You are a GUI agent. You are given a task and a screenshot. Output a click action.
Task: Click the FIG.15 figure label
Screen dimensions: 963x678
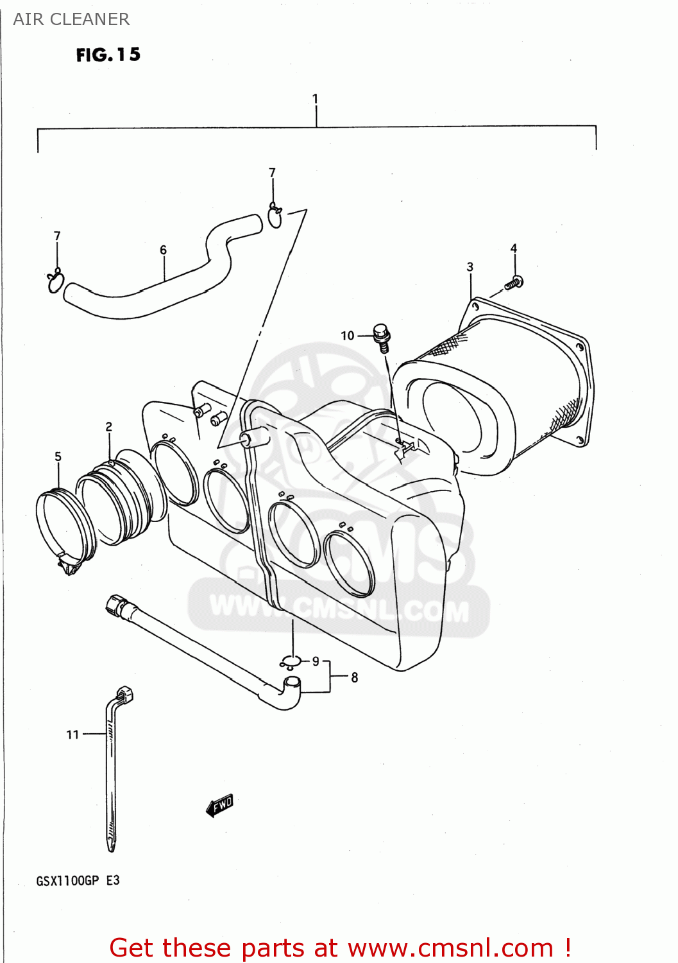(108, 55)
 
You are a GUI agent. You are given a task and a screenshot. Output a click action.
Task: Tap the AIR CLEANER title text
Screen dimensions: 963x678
(71, 19)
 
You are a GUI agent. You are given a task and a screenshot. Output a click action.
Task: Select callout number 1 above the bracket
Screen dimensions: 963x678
(315, 99)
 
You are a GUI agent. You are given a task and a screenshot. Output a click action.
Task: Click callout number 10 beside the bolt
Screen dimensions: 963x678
(347, 336)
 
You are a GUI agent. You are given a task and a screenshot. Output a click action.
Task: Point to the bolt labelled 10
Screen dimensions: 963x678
(382, 337)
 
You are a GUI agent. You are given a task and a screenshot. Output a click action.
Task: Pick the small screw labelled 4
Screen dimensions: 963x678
(514, 282)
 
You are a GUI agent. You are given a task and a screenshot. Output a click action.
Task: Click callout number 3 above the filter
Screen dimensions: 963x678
(470, 266)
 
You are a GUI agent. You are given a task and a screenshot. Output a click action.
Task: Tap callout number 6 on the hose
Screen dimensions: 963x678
(163, 250)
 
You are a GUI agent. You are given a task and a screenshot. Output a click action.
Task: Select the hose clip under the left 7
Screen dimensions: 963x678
(56, 281)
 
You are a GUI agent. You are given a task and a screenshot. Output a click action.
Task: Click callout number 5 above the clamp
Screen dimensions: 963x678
(58, 456)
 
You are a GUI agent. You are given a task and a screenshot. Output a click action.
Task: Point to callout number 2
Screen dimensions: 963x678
(109, 427)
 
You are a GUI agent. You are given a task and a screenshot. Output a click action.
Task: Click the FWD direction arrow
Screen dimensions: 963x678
(219, 805)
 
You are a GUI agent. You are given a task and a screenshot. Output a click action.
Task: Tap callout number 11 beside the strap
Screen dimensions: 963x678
(72, 734)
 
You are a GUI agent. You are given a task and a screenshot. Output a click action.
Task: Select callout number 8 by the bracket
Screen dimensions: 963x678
(354, 677)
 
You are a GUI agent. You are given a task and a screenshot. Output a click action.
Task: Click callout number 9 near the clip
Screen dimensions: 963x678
(316, 661)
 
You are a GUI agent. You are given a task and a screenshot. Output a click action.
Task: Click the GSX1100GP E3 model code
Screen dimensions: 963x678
(78, 881)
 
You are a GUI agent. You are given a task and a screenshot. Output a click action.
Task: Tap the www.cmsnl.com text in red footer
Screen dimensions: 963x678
(450, 948)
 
